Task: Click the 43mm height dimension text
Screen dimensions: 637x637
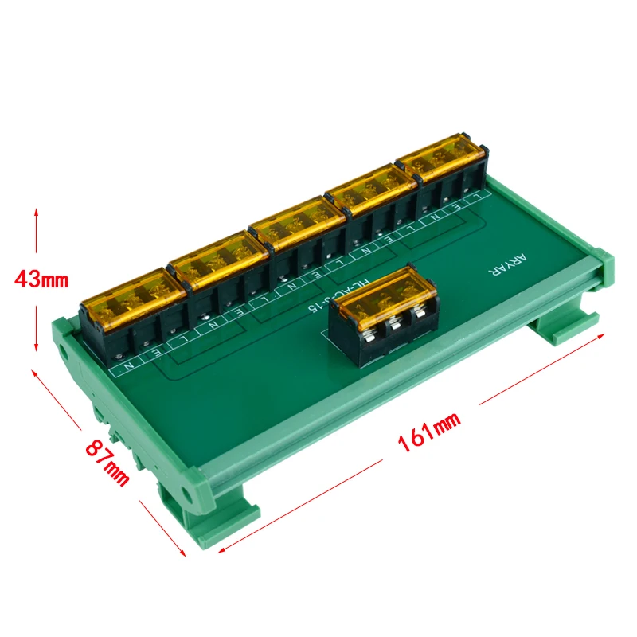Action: pyautogui.click(x=42, y=279)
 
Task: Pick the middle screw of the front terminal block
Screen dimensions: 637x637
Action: pyautogui.click(x=393, y=327)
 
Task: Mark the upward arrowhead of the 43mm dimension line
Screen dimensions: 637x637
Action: pyautogui.click(x=36, y=213)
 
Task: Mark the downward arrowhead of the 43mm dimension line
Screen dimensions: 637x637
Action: pyautogui.click(x=36, y=347)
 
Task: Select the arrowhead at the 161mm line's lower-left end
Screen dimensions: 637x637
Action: pyautogui.click(x=220, y=549)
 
